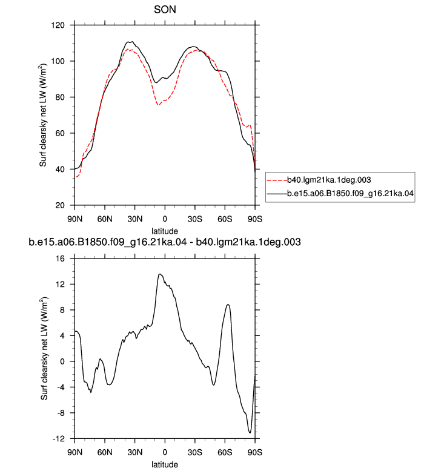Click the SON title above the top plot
tap(165, 10)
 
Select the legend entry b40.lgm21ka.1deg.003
tap(329, 180)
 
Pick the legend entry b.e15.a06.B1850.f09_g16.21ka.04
tap(350, 194)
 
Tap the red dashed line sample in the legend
tap(277, 180)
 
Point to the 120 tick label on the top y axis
tap(58, 25)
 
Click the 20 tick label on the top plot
tap(60, 205)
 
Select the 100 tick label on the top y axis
tap(58, 61)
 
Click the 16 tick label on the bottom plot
tap(61, 259)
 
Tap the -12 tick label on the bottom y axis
tap(59, 439)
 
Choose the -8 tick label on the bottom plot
tap(61, 413)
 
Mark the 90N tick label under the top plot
tap(75, 219)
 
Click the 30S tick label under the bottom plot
tap(195, 452)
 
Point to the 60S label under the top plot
tap(225, 219)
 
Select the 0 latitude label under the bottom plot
tap(165, 452)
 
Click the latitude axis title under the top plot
tap(165, 231)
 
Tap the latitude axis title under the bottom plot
tap(165, 464)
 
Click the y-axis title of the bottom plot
tap(44, 349)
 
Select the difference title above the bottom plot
tap(165, 242)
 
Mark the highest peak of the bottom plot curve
tap(160, 274)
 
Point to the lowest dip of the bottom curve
tap(250, 433)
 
